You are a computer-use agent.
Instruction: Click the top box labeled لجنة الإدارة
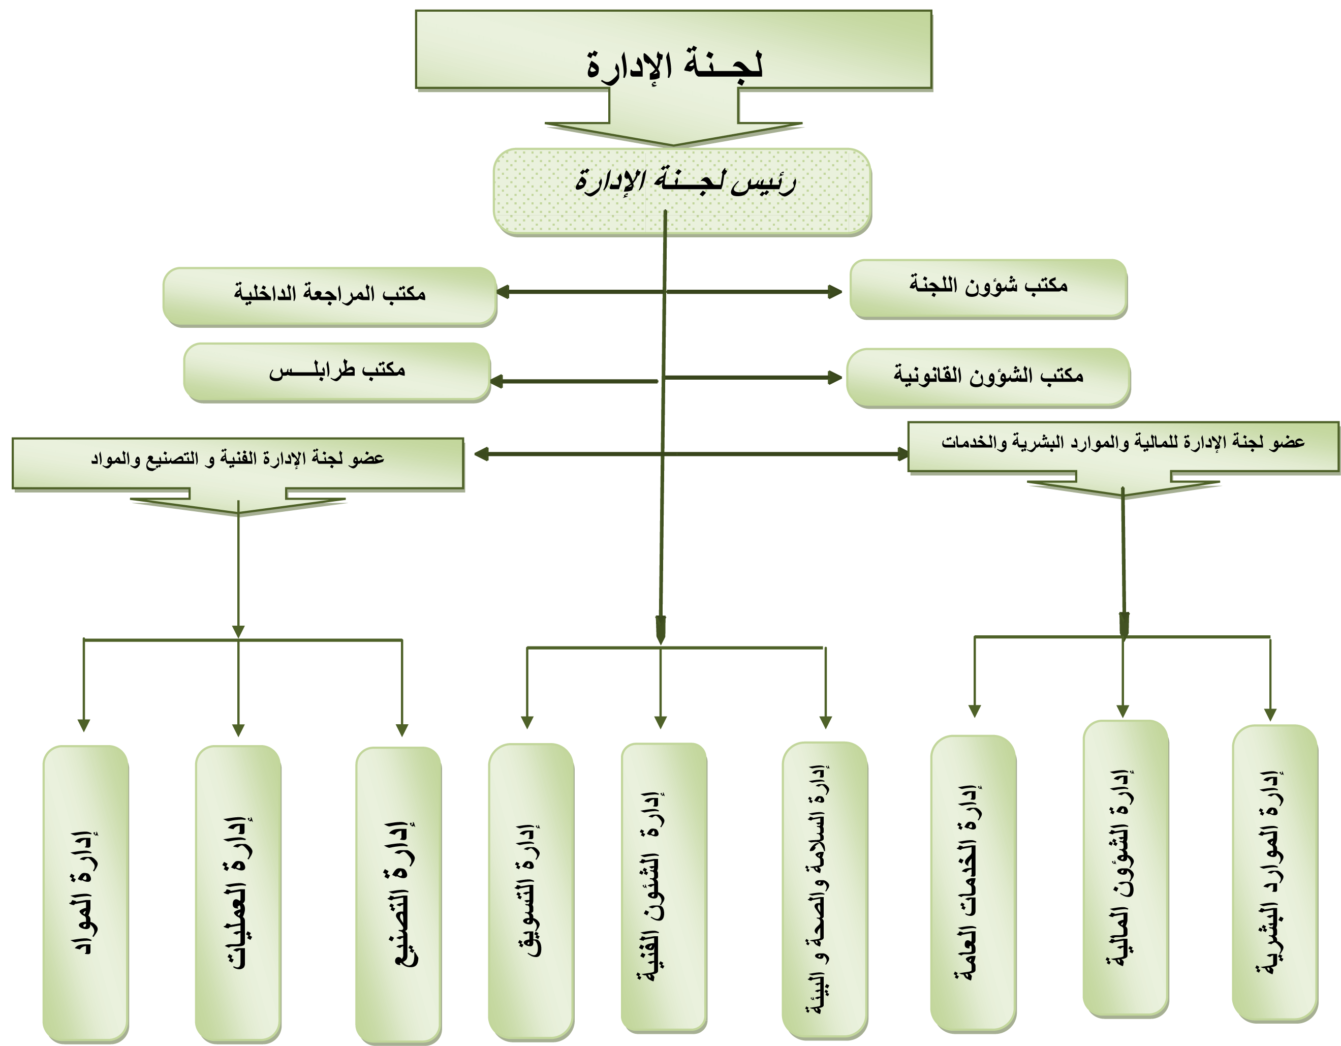[674, 49]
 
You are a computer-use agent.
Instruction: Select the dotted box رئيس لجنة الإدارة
[682, 192]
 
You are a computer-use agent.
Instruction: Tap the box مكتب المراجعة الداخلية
[330, 296]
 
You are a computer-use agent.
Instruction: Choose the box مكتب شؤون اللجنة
[988, 289]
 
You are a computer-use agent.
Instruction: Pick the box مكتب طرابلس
[337, 372]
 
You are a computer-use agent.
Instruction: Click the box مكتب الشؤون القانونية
[988, 378]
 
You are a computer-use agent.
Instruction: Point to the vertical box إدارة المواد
[85, 894]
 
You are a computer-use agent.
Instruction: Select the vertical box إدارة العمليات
[238, 894]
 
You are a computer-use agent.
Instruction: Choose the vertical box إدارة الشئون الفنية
[664, 887]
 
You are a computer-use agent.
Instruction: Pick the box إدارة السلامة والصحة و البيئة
[825, 890]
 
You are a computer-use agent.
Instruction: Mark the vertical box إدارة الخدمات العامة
[973, 884]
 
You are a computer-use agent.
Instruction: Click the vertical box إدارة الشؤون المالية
[1126, 869]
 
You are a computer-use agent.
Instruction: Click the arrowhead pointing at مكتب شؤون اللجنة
[835, 292]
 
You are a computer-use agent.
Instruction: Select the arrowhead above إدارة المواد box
[84, 725]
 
